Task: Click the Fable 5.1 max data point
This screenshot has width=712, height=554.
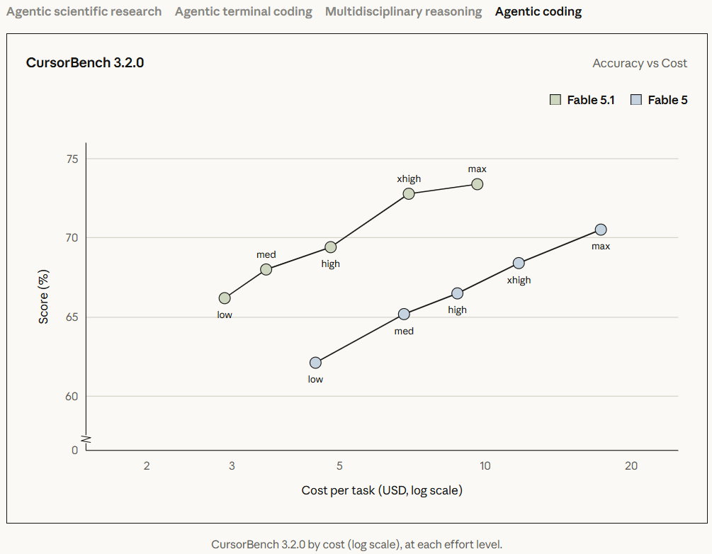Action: coord(477,184)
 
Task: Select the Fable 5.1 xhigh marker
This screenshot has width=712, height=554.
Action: coord(409,194)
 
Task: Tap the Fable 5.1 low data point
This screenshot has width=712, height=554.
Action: coord(225,298)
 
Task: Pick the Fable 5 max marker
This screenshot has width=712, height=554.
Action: coord(600,230)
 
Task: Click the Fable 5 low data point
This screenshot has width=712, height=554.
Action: coord(315,363)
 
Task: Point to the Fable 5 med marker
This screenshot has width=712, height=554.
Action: coord(404,315)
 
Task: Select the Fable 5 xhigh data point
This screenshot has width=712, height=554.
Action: coord(519,264)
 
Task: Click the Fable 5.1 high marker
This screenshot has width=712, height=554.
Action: coord(331,247)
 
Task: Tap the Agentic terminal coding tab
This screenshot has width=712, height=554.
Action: coord(244,12)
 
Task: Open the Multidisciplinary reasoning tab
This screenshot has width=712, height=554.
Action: coord(403,12)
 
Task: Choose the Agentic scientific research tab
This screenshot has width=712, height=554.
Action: coord(84,12)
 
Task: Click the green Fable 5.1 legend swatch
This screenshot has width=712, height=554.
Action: coord(555,100)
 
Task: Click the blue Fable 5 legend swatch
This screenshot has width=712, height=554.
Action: coord(635,100)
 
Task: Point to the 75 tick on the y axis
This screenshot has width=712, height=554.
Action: coord(72,159)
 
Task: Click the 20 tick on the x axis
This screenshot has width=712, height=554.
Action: coord(631,466)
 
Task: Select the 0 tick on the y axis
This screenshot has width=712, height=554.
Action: coord(74,450)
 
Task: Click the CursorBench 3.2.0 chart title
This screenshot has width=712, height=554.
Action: coord(85,62)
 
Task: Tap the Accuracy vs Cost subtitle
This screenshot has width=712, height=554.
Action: coord(639,63)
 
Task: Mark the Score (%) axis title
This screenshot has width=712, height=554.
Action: coord(43,297)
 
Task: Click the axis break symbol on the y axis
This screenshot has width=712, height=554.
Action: coord(86,439)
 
